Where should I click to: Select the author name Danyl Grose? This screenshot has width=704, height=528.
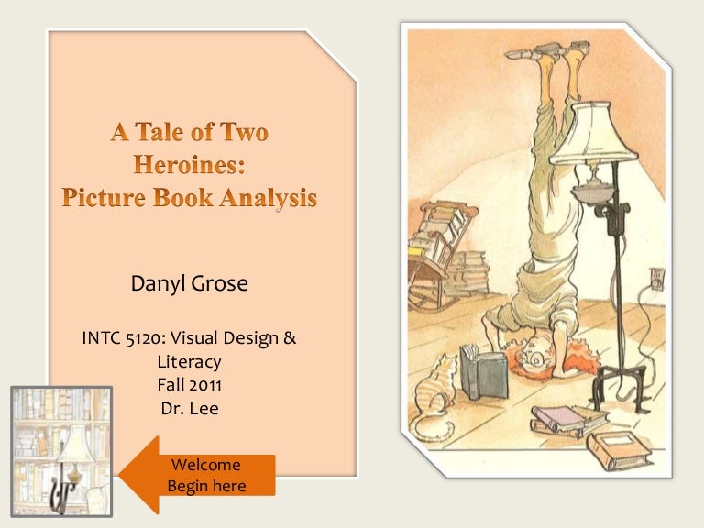pos(190,284)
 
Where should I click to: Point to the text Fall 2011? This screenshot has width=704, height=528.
pos(190,386)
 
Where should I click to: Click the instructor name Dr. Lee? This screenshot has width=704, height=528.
pos(190,409)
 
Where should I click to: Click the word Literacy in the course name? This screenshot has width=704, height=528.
pos(190,362)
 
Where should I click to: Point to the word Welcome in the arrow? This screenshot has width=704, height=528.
pos(205,465)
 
